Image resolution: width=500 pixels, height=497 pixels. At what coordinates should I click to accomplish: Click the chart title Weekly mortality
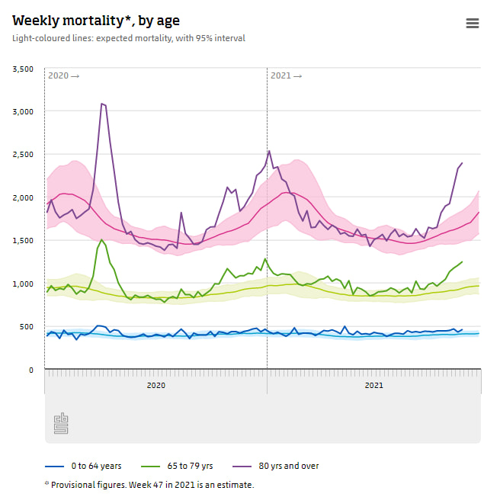[x=96, y=21]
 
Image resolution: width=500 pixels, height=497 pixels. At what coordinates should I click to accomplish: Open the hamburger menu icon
[x=473, y=23]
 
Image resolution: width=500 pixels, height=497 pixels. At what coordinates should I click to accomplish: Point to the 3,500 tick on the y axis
[x=23, y=69]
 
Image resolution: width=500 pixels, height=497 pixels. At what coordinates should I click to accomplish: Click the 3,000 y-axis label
[x=23, y=112]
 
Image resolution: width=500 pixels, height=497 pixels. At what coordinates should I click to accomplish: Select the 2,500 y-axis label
[x=23, y=155]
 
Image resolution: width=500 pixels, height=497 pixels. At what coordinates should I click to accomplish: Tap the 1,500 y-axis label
[x=23, y=241]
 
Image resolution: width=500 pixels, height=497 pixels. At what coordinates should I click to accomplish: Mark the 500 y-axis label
[x=27, y=327]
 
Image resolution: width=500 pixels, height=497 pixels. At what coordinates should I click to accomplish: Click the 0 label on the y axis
[x=31, y=370]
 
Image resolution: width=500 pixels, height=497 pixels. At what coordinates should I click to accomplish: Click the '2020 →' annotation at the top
[x=63, y=75]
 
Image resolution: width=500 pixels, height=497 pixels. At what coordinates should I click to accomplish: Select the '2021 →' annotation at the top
[x=286, y=75]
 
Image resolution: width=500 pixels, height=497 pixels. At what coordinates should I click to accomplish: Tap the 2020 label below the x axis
[x=155, y=386]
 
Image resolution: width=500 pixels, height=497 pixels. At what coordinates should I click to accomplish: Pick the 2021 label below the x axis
[x=373, y=386]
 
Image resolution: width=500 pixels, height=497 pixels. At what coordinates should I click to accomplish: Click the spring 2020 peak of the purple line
[x=101, y=104]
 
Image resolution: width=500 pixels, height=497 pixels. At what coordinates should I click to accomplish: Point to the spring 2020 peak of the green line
[x=101, y=240]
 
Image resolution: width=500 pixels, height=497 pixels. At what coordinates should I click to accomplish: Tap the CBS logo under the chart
[x=61, y=424]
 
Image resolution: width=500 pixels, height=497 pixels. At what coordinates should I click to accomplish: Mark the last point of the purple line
[x=462, y=163]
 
